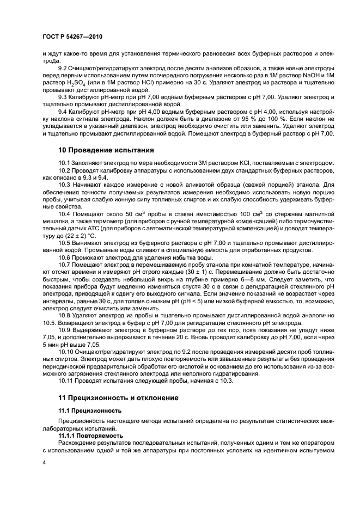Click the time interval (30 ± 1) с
(195, 269)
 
